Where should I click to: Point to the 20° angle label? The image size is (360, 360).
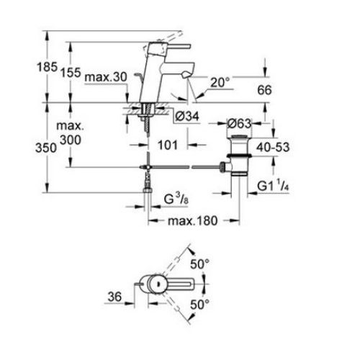(x=220, y=83)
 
